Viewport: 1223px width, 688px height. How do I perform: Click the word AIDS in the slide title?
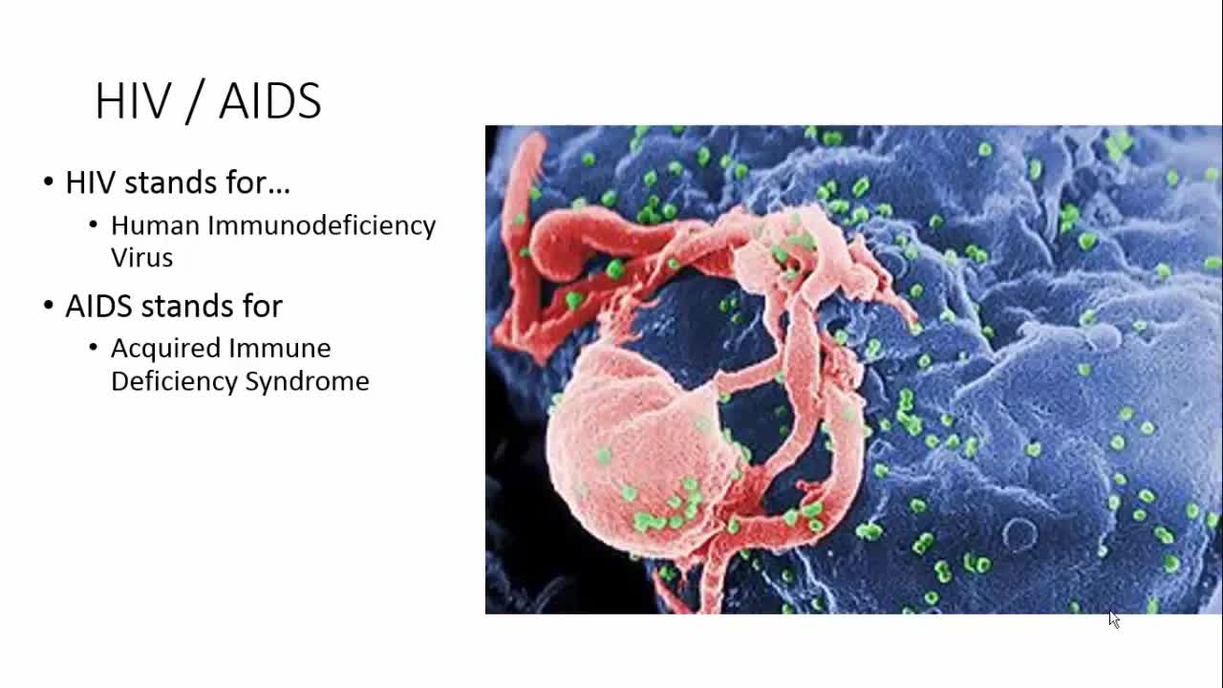(270, 101)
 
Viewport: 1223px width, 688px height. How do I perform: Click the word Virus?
(141, 258)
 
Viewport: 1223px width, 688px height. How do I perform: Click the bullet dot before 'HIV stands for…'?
(49, 182)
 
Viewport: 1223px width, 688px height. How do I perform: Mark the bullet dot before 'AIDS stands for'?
(49, 306)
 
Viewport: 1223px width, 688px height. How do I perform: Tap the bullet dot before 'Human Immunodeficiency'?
(94, 225)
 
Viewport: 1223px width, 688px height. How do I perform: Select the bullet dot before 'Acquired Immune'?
(94, 348)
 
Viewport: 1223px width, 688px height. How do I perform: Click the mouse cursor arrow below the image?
(1113, 619)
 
